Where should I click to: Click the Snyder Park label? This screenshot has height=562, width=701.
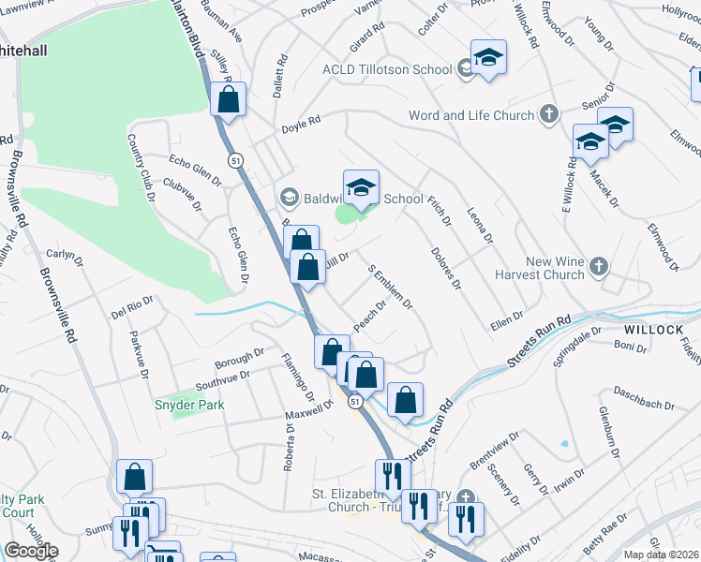pos(183,405)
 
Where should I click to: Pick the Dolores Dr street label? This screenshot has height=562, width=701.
pos(446,268)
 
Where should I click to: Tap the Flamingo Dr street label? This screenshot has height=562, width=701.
pos(299,371)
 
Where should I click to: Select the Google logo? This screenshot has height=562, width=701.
pos(31,551)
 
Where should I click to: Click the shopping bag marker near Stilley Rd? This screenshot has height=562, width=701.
pos(227,98)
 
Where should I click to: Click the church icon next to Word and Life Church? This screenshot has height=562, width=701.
pos(549,116)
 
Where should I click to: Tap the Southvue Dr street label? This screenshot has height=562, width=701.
pos(222,379)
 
